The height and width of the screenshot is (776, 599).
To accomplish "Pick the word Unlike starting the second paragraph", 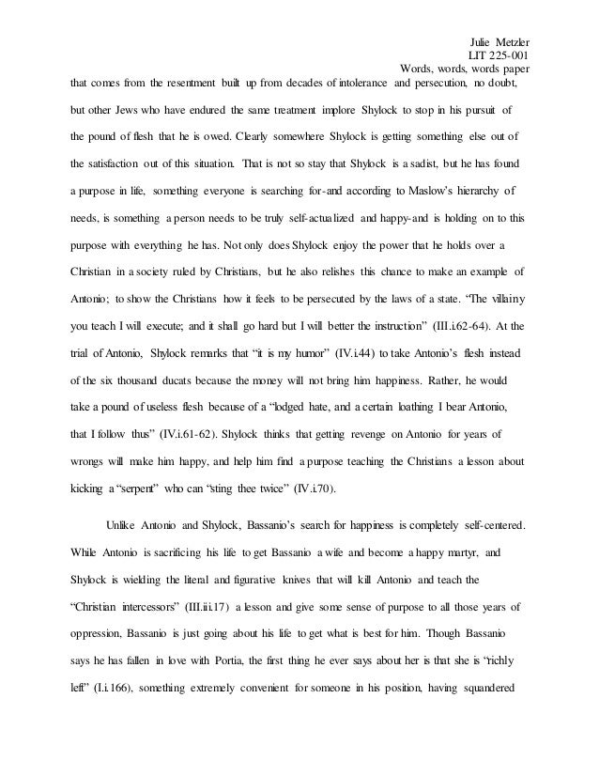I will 123,523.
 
